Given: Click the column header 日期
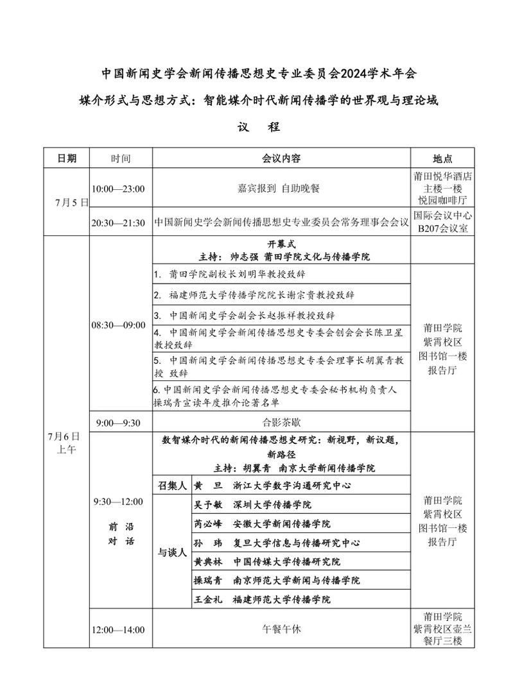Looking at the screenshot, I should pos(66,158).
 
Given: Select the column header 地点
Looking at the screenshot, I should pos(442,158).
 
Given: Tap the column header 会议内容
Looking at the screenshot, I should pos(281,158).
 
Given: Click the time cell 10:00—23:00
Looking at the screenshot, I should pos(118,189).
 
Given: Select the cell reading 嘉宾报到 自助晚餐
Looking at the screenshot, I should pos(281,189).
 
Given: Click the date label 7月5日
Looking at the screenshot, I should pos(70,202).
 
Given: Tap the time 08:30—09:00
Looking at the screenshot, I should pos(118,325).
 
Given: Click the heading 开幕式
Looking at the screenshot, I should pos(281,244).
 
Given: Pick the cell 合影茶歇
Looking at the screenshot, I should pos(281,422).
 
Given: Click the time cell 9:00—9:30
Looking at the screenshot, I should pos(118,422).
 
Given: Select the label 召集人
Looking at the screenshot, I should pos(171,485).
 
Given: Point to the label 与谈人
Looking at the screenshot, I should pos(171,552).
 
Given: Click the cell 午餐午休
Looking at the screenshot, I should pos(281,629).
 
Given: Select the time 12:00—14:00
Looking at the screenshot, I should pos(118,630).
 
